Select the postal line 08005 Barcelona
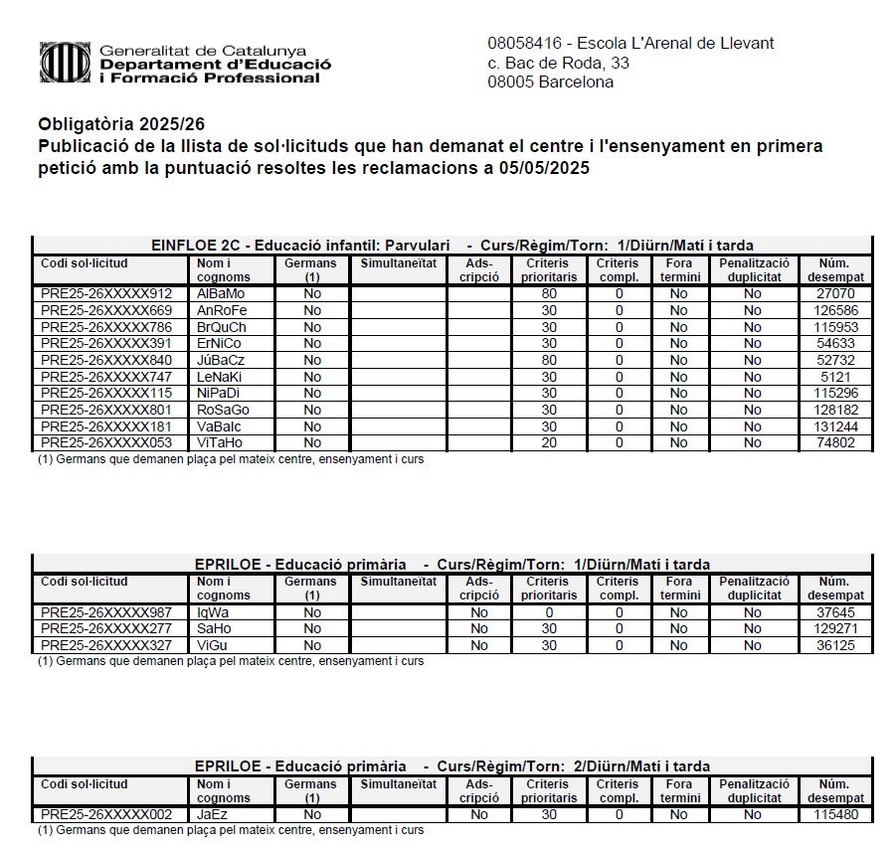(x=550, y=83)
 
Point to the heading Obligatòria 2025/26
(x=121, y=125)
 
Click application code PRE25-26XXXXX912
(x=106, y=294)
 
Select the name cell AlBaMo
(x=221, y=294)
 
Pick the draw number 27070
(x=835, y=294)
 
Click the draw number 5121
(x=835, y=377)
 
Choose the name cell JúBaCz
(x=221, y=360)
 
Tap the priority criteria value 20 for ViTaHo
(x=549, y=443)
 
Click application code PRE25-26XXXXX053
(x=106, y=443)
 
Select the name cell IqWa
(x=213, y=612)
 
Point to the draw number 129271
(x=835, y=629)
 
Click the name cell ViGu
(x=213, y=645)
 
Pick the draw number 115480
(x=835, y=815)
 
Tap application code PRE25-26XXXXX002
(x=106, y=815)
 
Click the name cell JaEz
(x=213, y=815)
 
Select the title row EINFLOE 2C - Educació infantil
(x=451, y=246)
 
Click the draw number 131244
(x=835, y=426)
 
